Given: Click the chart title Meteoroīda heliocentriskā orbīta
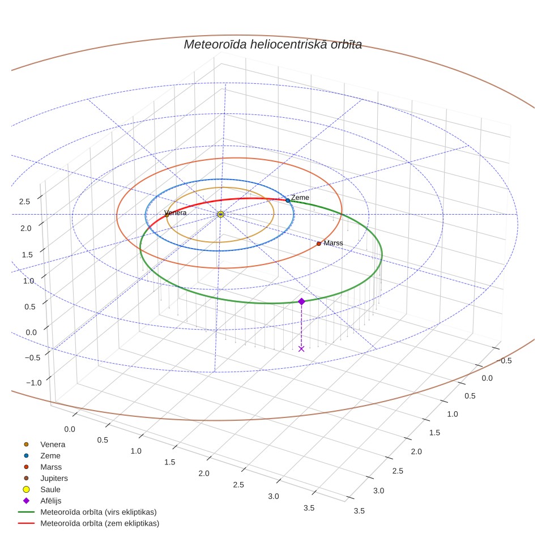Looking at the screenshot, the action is pyautogui.click(x=272, y=45).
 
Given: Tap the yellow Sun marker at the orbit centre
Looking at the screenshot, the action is pyautogui.click(x=220, y=214).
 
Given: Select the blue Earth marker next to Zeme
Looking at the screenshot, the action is pyautogui.click(x=288, y=201).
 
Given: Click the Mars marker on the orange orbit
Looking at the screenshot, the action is pyautogui.click(x=319, y=244).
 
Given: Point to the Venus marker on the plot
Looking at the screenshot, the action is pyautogui.click(x=167, y=215).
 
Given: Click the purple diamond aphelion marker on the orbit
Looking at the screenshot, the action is pyautogui.click(x=301, y=301).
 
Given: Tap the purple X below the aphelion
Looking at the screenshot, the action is pyautogui.click(x=301, y=349).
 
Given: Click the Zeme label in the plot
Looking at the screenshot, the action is pyautogui.click(x=300, y=198).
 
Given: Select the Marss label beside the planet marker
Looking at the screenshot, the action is pyautogui.click(x=333, y=243).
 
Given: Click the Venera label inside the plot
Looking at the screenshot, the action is pyautogui.click(x=176, y=212).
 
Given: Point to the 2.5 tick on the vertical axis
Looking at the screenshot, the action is pyautogui.click(x=24, y=202).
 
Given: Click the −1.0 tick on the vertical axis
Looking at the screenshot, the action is pyautogui.click(x=34, y=383).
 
